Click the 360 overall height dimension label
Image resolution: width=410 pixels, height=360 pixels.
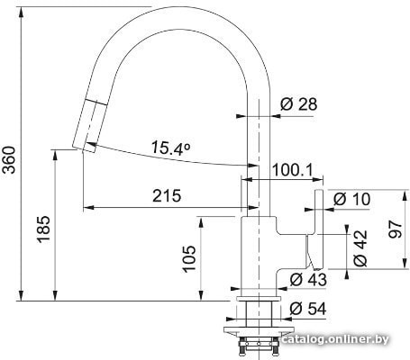(10, 160)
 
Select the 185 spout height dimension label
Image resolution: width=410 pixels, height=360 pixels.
(43, 229)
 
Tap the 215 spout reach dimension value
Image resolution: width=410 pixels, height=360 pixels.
(167, 196)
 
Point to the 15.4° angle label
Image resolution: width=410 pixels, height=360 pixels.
(170, 148)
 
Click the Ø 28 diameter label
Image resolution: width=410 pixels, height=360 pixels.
(298, 104)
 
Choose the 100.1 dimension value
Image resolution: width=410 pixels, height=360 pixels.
(292, 170)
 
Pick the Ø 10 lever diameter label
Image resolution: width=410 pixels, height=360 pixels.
(351, 199)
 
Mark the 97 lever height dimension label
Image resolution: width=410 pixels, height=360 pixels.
(395, 229)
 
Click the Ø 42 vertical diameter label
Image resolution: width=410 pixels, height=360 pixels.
(360, 248)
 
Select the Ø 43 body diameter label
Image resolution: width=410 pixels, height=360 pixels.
(308, 280)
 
